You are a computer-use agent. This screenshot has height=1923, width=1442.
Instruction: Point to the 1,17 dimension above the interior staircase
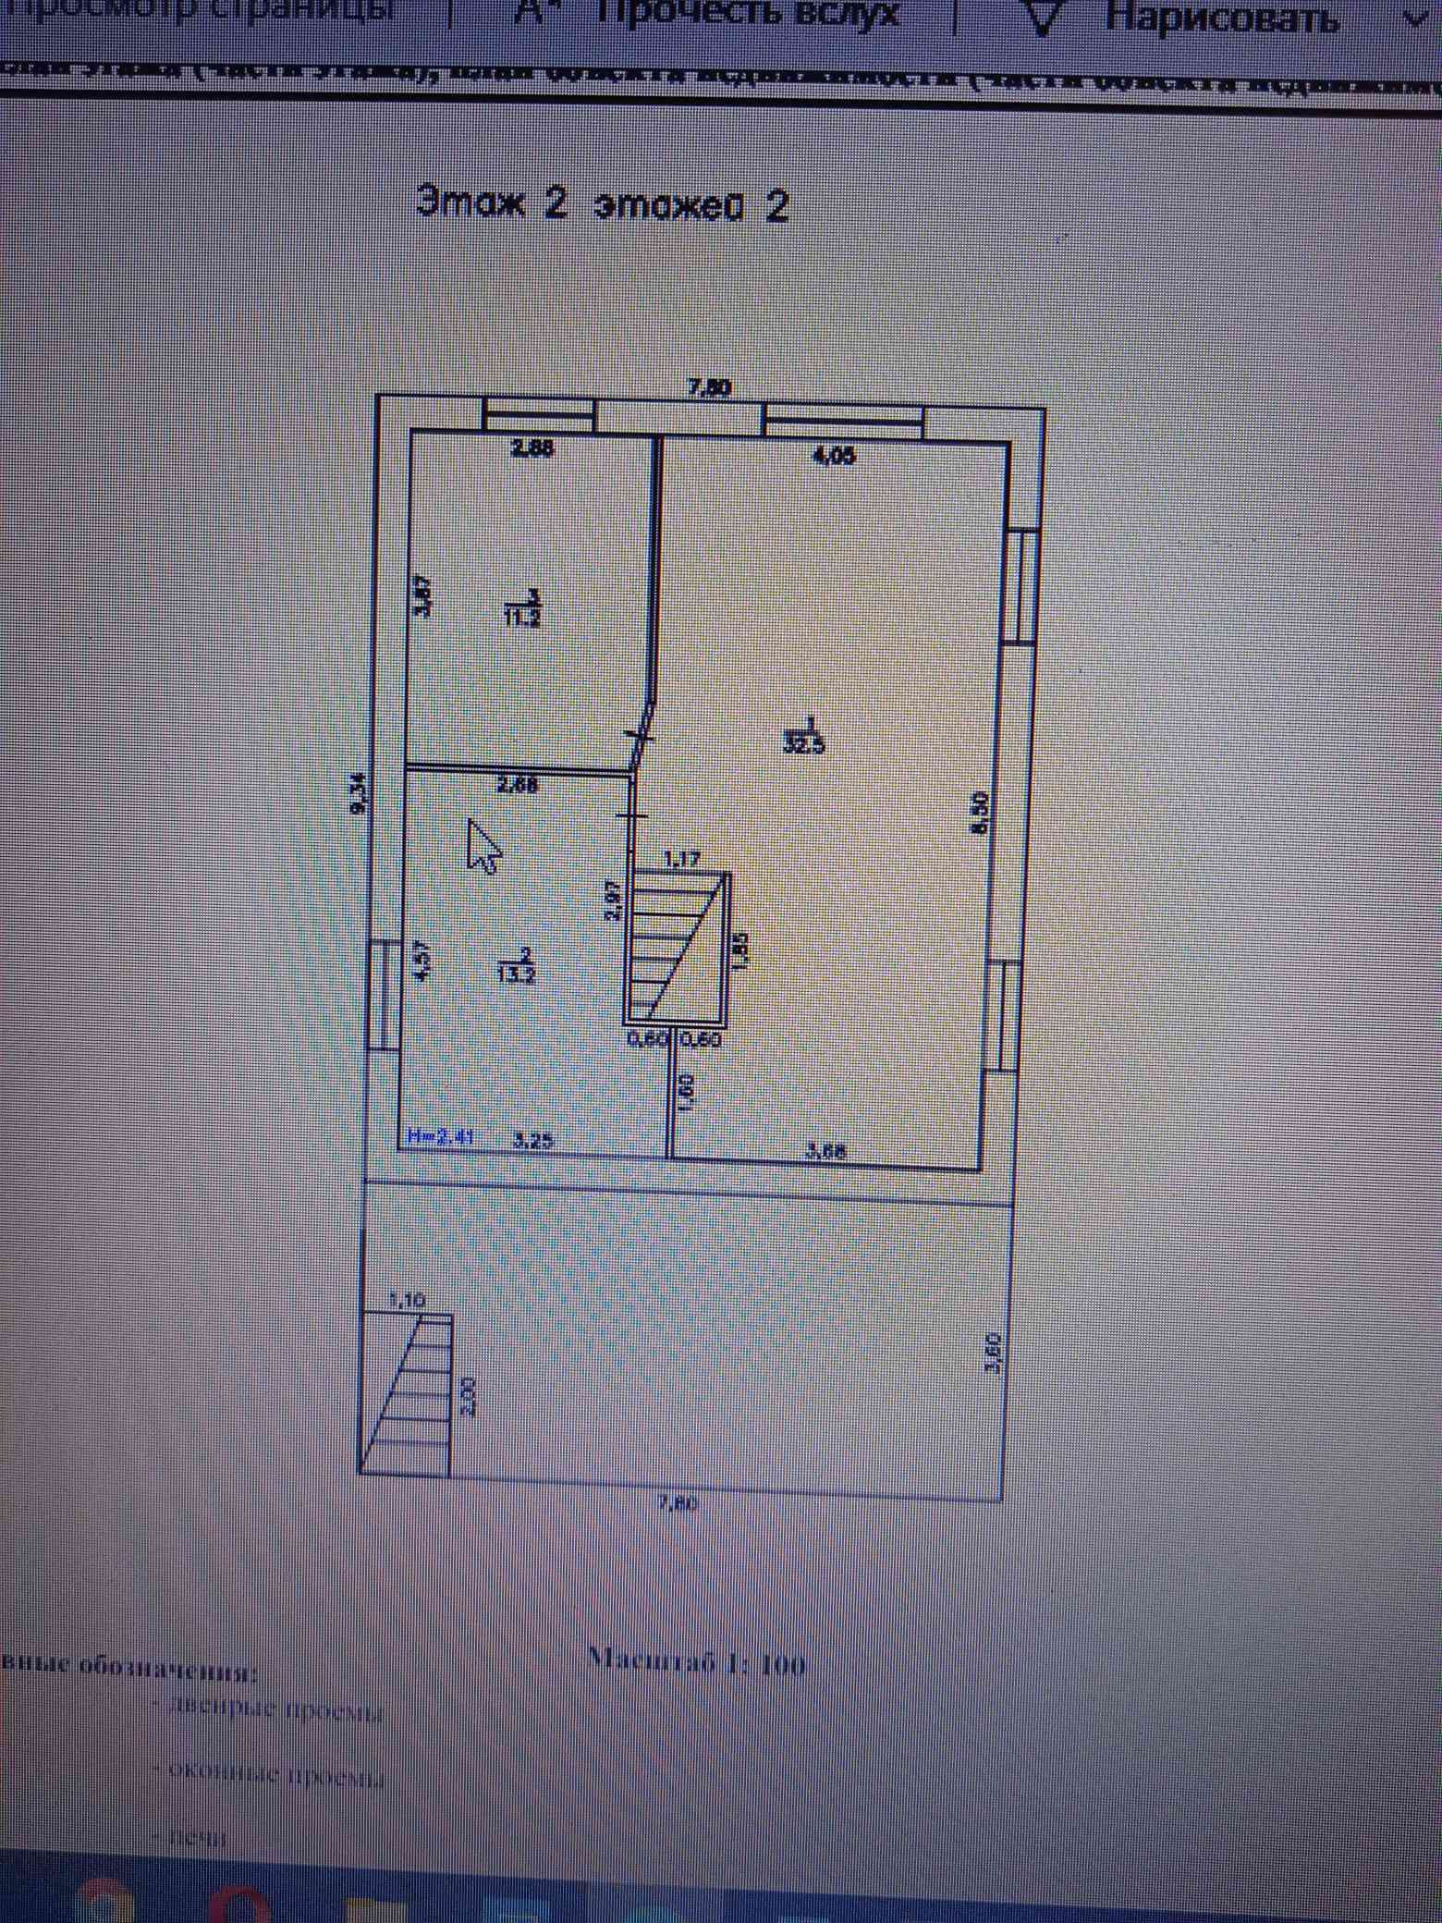(x=683, y=859)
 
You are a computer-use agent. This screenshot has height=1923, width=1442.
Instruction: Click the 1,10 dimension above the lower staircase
(x=406, y=1300)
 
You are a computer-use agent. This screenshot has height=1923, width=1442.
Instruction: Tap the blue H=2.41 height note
(x=440, y=1139)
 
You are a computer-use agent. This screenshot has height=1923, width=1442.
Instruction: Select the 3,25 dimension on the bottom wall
(x=532, y=1141)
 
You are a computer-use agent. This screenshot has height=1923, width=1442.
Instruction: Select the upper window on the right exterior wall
(x=1021, y=585)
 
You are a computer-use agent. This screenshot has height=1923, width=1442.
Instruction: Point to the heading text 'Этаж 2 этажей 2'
(x=602, y=204)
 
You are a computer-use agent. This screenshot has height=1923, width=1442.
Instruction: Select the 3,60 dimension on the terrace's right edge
(x=994, y=1354)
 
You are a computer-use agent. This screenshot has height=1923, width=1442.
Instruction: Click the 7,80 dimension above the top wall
(x=710, y=388)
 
